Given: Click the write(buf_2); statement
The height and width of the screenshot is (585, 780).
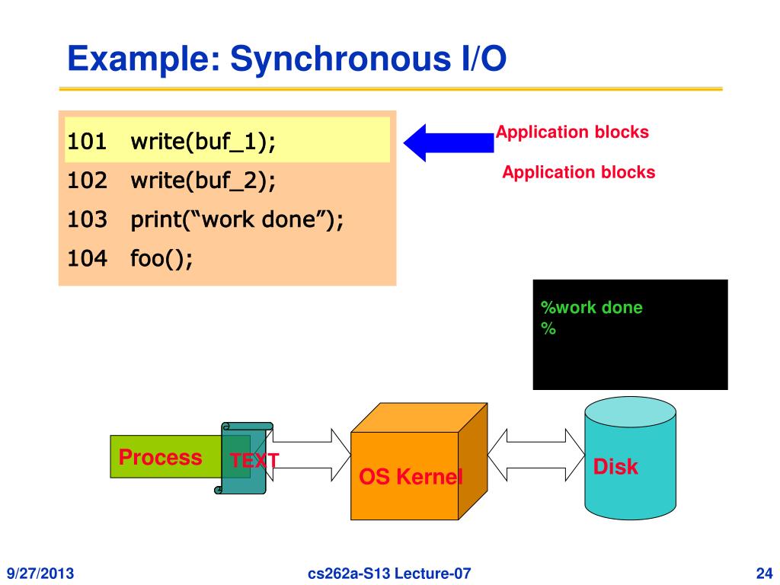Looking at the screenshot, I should pyautogui.click(x=203, y=181).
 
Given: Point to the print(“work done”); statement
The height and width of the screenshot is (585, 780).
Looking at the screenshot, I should pyautogui.click(x=237, y=220).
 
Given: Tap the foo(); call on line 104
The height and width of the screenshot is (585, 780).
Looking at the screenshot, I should pyautogui.click(x=161, y=259).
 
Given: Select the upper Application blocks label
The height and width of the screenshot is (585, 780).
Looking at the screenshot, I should pyautogui.click(x=572, y=133).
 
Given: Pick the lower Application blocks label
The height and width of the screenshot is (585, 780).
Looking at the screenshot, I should pyautogui.click(x=578, y=172).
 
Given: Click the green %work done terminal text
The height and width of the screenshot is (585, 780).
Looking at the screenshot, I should pyautogui.click(x=592, y=308).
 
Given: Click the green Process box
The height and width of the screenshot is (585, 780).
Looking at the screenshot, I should pyautogui.click(x=161, y=457).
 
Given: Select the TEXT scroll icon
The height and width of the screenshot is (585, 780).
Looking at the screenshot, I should pyautogui.click(x=245, y=458).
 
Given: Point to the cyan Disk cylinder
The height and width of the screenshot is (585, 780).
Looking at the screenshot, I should pyautogui.click(x=629, y=465).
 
